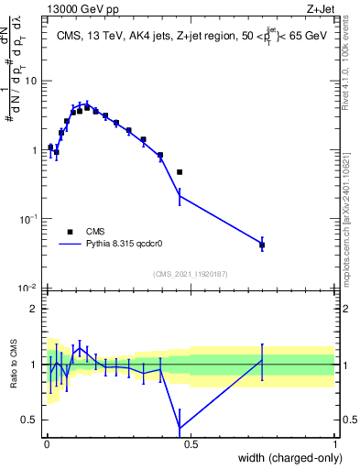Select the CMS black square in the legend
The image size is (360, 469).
pyautogui.click(x=70, y=232)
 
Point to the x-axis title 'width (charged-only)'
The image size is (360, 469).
pyautogui.click(x=291, y=458)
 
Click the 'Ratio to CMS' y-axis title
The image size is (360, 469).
pyautogui.click(x=13, y=364)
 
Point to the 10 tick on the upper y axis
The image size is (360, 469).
pyautogui.click(x=30, y=81)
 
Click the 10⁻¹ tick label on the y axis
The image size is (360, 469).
pyautogui.click(x=27, y=219)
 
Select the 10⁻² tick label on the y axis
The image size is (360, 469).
pyautogui.click(x=27, y=288)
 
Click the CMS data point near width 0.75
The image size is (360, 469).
pyautogui.click(x=262, y=245)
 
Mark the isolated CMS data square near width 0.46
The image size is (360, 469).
pyautogui.click(x=180, y=172)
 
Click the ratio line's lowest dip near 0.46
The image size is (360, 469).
pyautogui.click(x=180, y=426)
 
